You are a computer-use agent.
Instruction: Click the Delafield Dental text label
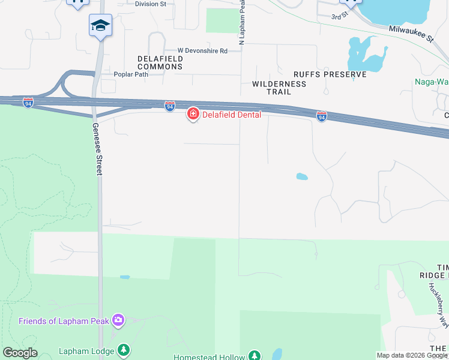(x=231, y=115)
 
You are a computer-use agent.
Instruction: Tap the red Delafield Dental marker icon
(x=193, y=113)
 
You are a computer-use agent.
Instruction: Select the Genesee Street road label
(x=96, y=149)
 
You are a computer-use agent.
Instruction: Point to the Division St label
(x=151, y=4)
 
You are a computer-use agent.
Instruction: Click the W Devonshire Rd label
(x=202, y=51)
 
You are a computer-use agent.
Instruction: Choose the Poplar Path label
(x=131, y=74)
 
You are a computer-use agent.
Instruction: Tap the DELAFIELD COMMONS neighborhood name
(x=160, y=62)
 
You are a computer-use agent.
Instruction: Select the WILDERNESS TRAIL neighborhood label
(x=279, y=88)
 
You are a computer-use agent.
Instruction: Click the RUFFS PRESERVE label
(x=330, y=74)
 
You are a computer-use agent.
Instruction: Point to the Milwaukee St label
(x=411, y=33)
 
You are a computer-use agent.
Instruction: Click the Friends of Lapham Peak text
(x=64, y=321)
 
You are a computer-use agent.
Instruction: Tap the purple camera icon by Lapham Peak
(x=119, y=320)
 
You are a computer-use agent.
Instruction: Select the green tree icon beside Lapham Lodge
(x=123, y=349)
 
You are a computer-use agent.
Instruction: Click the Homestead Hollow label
(x=209, y=357)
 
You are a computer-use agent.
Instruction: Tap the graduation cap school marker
(x=100, y=26)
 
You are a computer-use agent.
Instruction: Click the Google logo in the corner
(x=20, y=353)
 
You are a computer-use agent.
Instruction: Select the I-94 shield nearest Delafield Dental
(x=170, y=106)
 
